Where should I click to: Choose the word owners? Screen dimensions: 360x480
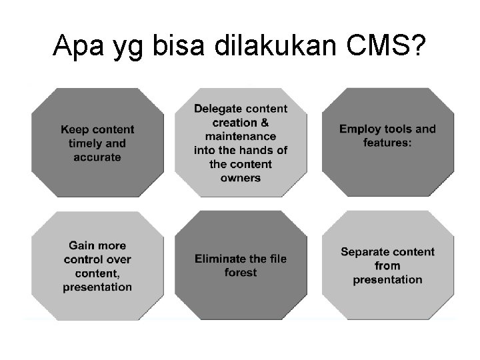point(241,178)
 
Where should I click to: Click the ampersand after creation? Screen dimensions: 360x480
point(265,123)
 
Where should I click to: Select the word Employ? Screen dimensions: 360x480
point(360,129)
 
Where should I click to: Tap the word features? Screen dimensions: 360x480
point(387,143)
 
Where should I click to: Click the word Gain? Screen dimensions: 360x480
point(83,245)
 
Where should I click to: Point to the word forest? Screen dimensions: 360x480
point(241,273)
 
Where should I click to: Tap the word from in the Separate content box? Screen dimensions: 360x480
point(387,266)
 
